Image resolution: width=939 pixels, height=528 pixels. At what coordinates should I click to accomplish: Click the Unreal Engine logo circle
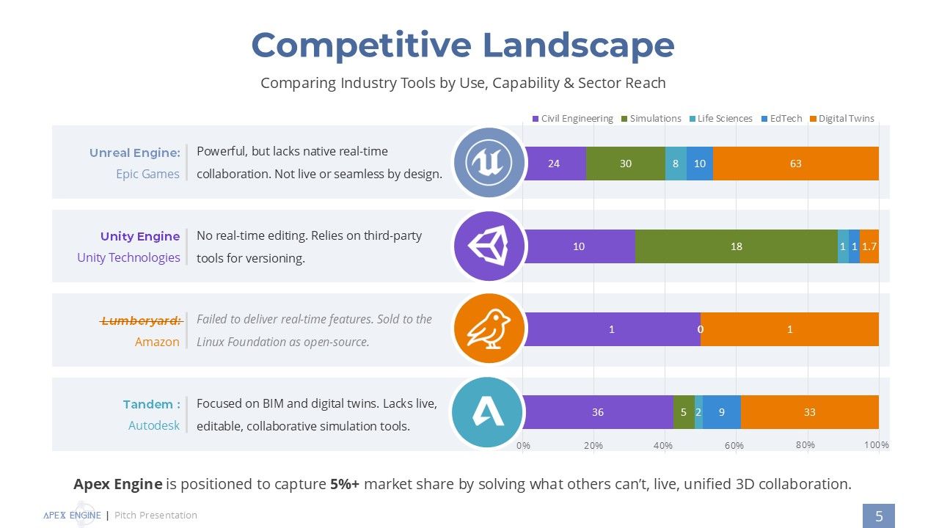tap(489, 163)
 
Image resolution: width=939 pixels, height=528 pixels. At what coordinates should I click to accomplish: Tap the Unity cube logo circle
tap(489, 246)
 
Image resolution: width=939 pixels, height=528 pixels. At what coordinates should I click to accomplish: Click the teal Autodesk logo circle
tap(487, 412)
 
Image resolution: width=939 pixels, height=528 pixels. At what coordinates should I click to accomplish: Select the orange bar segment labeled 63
tap(796, 164)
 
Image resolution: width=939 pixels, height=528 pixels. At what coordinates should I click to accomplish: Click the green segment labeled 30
tap(626, 164)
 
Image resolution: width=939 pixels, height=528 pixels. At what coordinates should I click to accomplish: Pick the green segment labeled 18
tap(736, 246)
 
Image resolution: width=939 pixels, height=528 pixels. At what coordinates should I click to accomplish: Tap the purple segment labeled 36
tap(598, 412)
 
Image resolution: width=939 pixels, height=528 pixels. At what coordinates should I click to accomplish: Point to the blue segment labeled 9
tap(721, 412)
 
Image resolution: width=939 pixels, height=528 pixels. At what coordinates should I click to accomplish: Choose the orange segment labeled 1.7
tap(869, 246)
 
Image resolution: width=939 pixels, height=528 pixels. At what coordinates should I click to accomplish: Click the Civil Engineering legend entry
tap(573, 119)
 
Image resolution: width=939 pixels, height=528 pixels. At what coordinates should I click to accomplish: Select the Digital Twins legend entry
tap(841, 119)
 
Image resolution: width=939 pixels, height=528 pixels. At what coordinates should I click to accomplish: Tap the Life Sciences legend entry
tap(721, 119)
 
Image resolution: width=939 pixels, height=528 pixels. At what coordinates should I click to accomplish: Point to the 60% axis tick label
tap(734, 445)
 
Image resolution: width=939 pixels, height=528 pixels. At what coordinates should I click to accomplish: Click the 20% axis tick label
tap(593, 445)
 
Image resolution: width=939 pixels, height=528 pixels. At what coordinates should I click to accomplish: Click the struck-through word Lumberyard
tap(142, 321)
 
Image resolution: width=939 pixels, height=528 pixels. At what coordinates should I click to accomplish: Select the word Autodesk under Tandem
tap(154, 425)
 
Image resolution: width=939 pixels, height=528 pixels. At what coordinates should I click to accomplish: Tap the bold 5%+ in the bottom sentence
tap(345, 484)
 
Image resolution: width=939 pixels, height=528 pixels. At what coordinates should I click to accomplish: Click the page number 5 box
tap(879, 516)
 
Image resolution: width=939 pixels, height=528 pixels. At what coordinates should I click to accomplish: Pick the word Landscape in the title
tap(579, 45)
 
